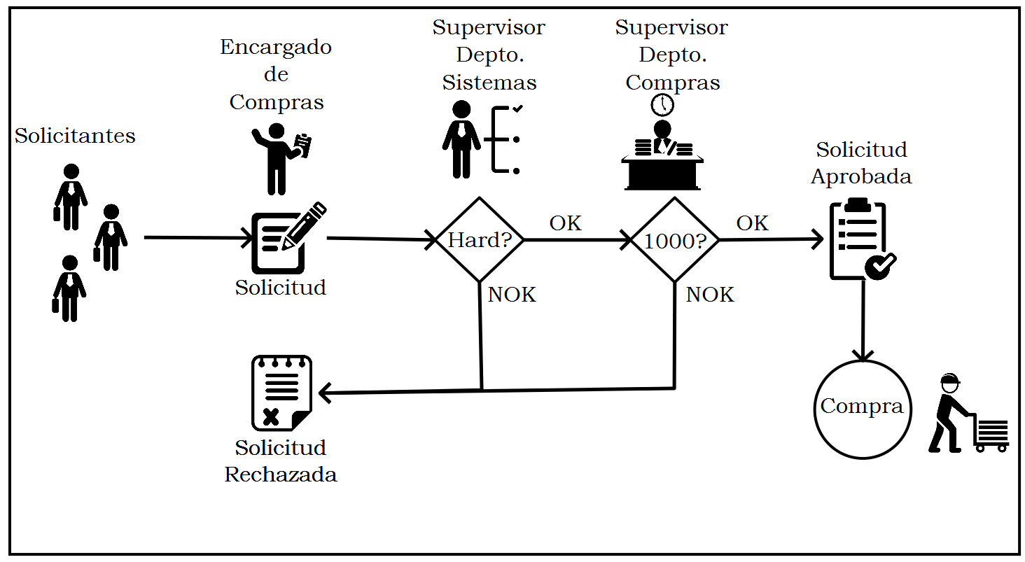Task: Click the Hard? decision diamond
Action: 480,240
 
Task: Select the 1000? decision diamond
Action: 675,240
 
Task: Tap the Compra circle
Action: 862,409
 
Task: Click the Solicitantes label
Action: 75,136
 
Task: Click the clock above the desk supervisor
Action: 662,105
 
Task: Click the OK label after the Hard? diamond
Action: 565,223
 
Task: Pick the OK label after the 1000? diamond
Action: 753,223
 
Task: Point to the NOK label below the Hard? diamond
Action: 512,295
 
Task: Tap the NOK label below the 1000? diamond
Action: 710,295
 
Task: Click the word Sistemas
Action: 489,83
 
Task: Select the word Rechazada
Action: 281,475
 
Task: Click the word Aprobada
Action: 861,176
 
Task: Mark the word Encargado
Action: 276,47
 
